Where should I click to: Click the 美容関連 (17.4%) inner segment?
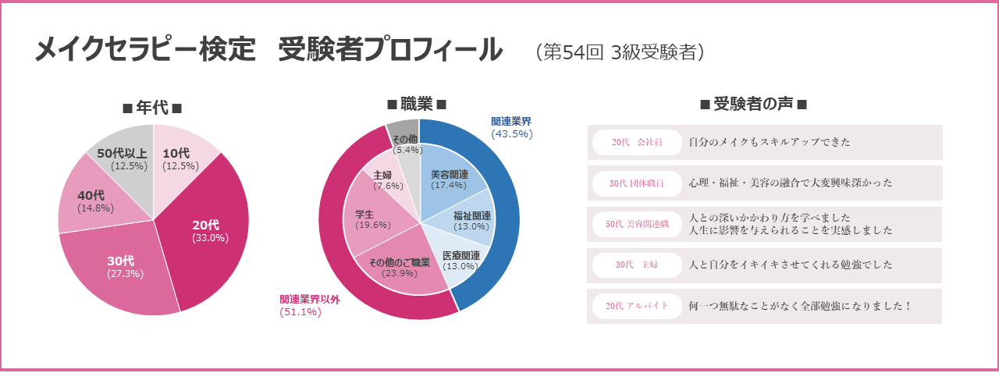(x=450, y=179)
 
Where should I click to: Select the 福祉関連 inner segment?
(x=471, y=220)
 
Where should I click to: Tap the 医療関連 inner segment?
(x=460, y=260)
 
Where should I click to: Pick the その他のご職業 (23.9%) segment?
(x=399, y=267)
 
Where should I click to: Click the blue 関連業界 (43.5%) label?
(x=512, y=127)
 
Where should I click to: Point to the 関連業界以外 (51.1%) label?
(x=311, y=305)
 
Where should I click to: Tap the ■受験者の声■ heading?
(x=753, y=105)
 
